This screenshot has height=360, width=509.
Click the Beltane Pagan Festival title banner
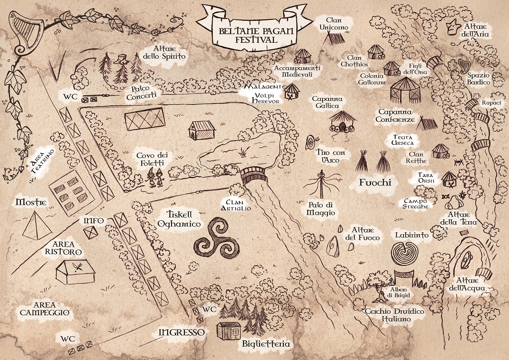point(252,27)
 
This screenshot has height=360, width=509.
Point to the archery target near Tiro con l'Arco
point(311,142)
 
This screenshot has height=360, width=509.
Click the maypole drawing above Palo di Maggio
point(322,184)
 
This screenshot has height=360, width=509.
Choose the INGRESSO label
point(182,333)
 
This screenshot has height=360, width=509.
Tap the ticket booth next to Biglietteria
point(229,331)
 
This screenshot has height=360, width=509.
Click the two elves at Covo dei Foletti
point(156,178)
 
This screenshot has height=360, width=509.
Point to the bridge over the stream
point(254,176)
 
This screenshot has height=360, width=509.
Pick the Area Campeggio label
point(45,309)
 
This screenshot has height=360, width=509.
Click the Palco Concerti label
point(141,92)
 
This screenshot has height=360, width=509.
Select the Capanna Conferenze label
point(395,115)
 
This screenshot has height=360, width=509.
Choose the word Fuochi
point(375,182)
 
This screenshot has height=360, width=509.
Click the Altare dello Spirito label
point(164,52)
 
